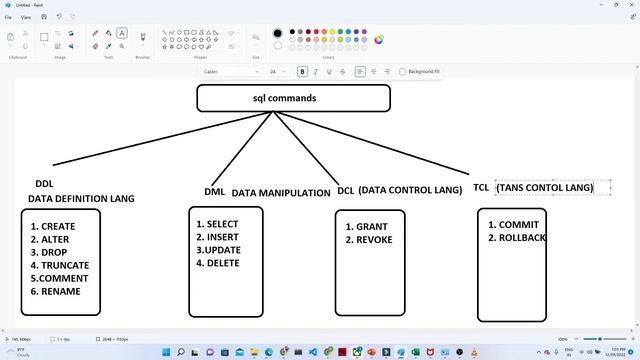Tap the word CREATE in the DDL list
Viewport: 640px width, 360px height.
tap(58, 227)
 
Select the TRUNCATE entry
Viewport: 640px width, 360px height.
tap(64, 265)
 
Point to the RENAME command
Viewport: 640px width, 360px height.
tap(60, 291)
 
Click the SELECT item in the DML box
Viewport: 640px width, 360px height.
tap(222, 224)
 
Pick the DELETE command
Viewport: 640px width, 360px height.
tap(222, 263)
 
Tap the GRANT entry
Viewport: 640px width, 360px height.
tap(371, 227)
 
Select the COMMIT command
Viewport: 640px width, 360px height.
tap(519, 225)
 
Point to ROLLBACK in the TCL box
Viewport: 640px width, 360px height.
tap(522, 238)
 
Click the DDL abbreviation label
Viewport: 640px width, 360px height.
tap(44, 184)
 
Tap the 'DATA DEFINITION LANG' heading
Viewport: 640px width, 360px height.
tap(81, 199)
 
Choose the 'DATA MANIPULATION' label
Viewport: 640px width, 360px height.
tap(281, 193)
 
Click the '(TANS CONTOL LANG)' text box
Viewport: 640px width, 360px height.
tap(544, 187)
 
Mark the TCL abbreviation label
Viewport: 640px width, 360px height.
tap(481, 187)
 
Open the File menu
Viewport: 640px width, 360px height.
tap(8, 17)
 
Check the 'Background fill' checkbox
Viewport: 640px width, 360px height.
tap(403, 72)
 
